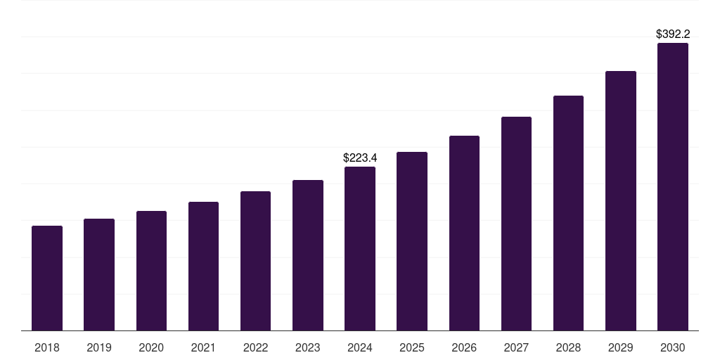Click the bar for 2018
47,278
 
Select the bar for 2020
151,271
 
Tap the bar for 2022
255,261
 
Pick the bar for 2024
360,249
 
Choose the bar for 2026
464,233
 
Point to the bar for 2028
568,213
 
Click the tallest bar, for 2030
673,187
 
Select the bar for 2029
621,201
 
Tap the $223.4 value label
360,157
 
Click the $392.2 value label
673,34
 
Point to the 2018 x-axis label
47,347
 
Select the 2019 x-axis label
99,347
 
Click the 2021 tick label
203,347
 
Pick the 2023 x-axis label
308,347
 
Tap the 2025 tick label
412,347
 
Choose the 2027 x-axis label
516,347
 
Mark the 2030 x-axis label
673,347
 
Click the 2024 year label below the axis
360,347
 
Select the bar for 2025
412,241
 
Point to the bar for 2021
203,266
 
